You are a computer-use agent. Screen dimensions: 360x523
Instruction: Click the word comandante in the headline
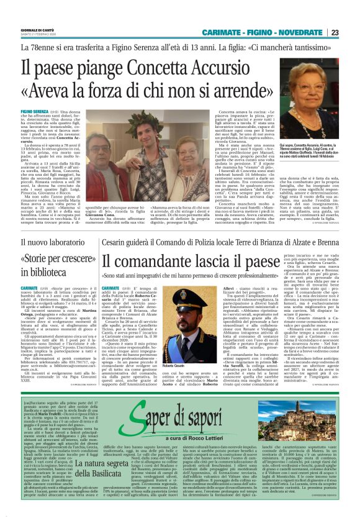tap(186, 263)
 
